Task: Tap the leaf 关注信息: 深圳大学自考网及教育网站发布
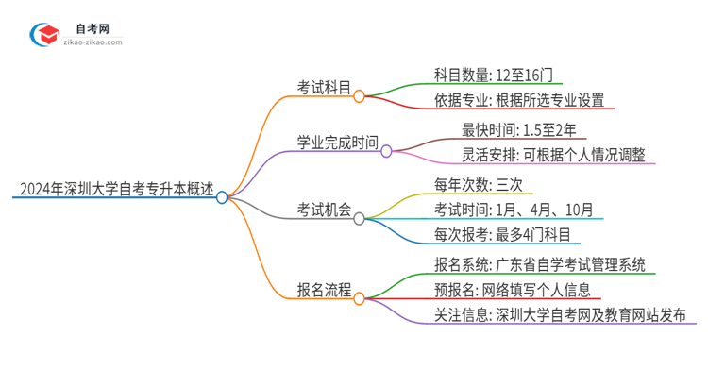click(561, 314)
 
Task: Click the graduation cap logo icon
click(43, 34)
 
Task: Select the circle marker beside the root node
click(222, 197)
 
